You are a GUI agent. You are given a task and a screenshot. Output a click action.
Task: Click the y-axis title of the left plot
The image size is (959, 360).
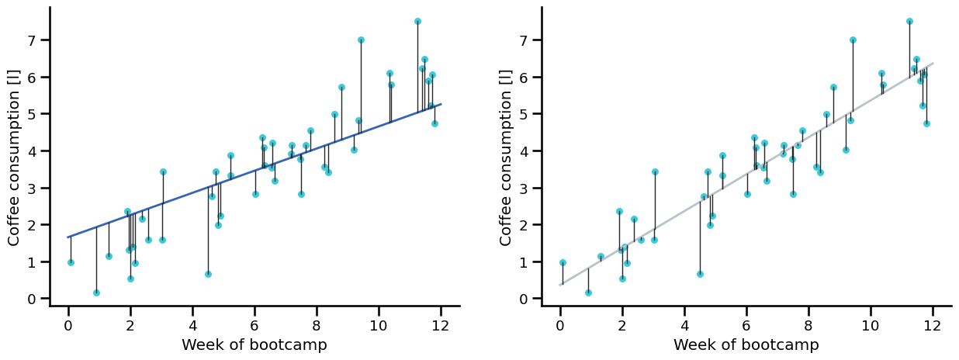coord(14,157)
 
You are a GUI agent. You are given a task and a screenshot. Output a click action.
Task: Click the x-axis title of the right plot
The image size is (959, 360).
coord(746,345)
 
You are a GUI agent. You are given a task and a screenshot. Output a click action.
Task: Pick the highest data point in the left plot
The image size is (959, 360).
coord(417,21)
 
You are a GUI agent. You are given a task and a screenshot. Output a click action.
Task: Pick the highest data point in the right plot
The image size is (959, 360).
coord(909,21)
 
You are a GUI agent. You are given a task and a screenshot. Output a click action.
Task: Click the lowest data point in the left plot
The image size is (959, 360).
coord(96,292)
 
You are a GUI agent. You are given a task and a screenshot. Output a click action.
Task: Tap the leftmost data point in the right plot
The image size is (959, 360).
coord(563,262)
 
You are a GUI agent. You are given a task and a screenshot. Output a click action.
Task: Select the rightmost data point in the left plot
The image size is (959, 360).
coord(434,123)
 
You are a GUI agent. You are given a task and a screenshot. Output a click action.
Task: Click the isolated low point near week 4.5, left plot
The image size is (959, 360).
coord(208,274)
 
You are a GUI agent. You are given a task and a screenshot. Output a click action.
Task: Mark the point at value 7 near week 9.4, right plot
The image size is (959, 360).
coord(853,40)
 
